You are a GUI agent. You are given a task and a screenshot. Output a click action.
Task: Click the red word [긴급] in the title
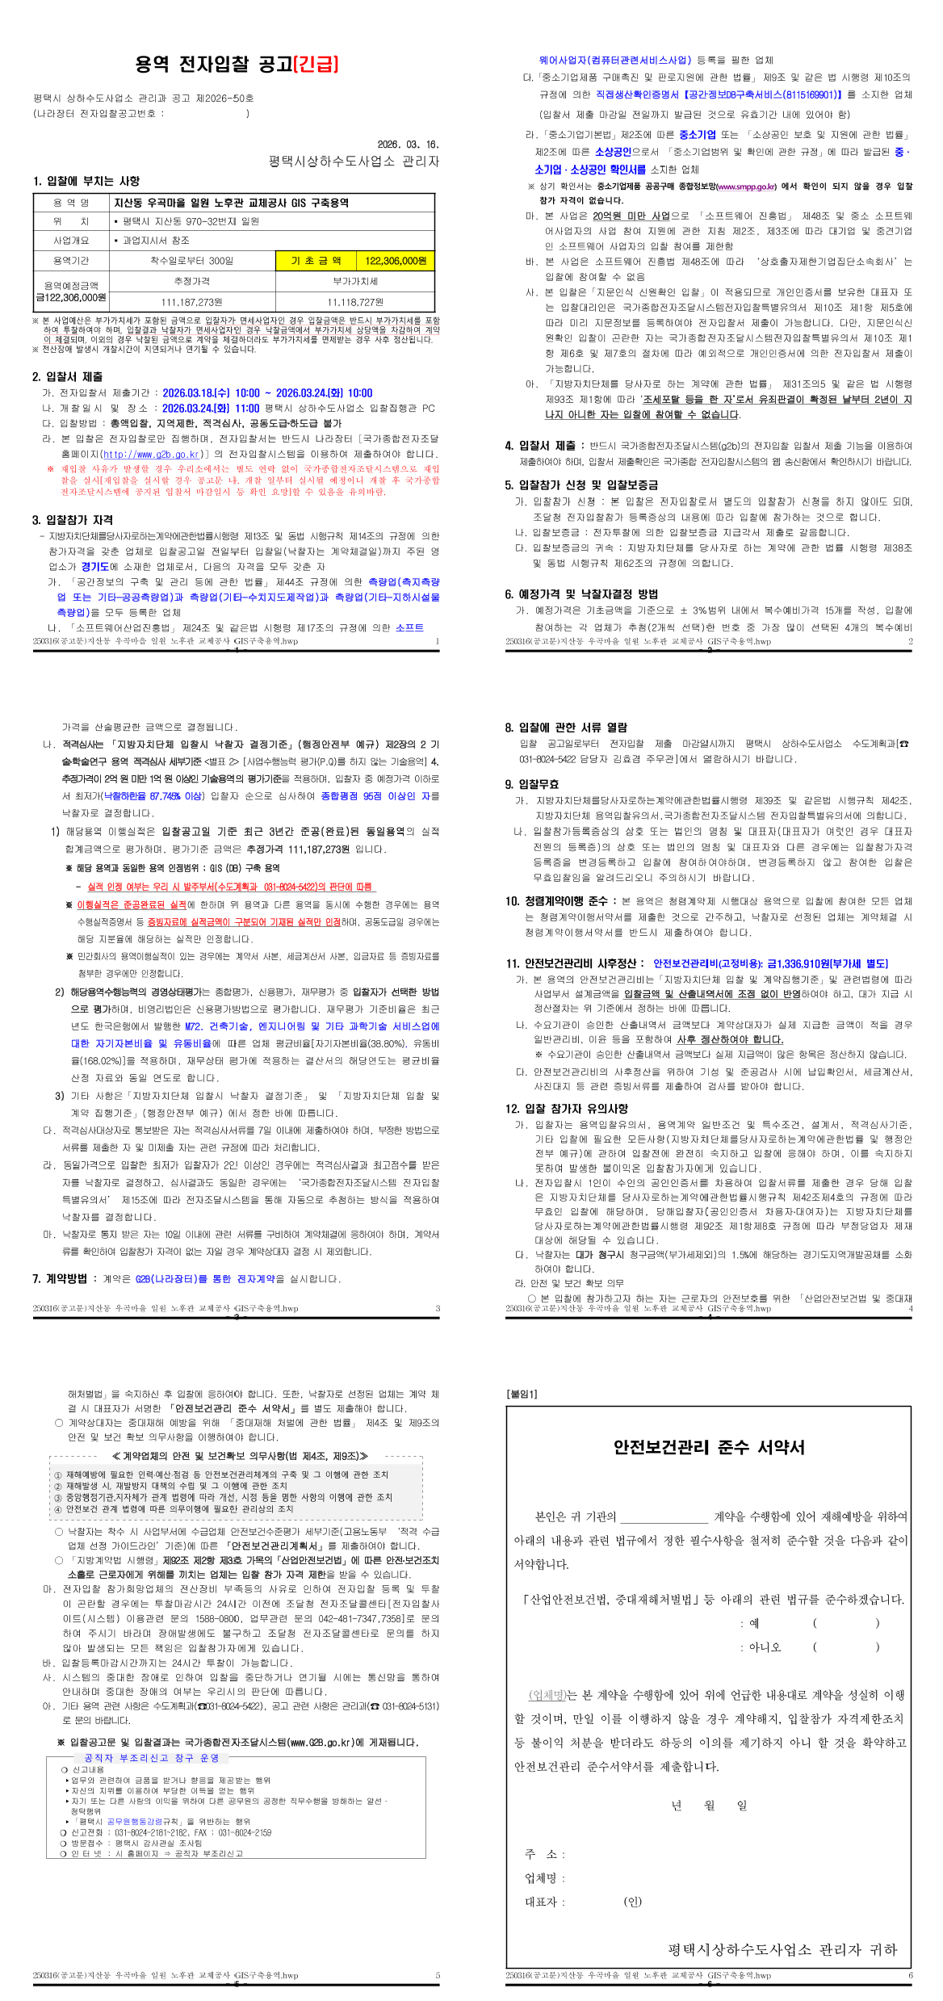click(316, 65)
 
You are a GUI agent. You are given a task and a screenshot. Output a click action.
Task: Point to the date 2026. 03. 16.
click(408, 145)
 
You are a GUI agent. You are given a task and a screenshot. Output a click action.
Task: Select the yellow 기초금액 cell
click(316, 261)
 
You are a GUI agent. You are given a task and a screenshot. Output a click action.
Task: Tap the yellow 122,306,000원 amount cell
click(395, 261)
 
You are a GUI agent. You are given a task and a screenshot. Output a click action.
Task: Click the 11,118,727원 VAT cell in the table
click(355, 302)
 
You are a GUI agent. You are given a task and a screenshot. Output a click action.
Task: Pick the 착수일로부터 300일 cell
click(191, 261)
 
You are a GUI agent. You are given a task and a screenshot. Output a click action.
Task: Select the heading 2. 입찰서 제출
click(68, 376)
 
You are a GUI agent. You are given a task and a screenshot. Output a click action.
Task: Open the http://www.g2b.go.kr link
click(153, 454)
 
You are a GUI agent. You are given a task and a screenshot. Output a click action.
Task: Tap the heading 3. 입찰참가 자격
click(73, 520)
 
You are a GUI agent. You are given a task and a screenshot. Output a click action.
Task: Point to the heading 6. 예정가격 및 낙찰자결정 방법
click(581, 594)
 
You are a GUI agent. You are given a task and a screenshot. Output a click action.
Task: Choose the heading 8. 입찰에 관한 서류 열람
click(566, 728)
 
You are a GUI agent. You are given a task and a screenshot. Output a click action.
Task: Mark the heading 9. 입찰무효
click(532, 784)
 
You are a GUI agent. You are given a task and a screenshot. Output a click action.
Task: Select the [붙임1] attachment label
click(522, 1394)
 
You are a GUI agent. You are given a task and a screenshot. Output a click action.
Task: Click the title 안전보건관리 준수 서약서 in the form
click(709, 1447)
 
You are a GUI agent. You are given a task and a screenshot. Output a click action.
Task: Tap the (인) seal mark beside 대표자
click(633, 1901)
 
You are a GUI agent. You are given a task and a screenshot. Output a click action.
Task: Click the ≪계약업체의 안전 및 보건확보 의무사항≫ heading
click(240, 1456)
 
